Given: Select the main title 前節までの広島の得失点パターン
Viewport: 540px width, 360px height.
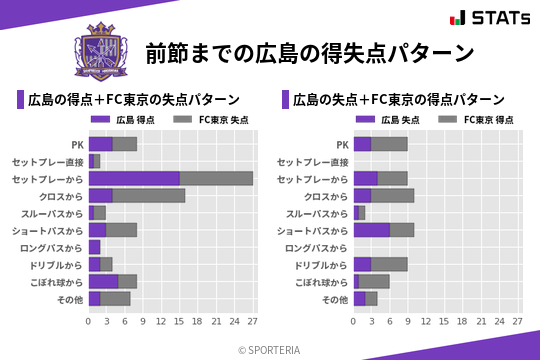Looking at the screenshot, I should (309, 52).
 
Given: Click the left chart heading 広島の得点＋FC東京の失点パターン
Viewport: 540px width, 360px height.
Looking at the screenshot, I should (133, 100).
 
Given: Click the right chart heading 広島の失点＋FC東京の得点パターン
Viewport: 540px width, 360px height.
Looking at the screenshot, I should (398, 100).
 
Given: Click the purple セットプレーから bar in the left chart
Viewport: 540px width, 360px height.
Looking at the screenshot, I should (134, 178).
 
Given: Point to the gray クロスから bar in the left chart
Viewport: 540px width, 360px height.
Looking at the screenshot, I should (149, 195).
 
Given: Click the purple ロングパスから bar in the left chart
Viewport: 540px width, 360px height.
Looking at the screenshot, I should (94, 246).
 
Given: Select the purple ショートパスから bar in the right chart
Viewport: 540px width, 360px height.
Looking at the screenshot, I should (372, 229).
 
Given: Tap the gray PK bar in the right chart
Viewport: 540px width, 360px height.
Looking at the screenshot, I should (389, 144).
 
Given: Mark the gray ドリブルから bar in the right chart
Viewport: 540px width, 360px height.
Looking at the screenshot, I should (389, 264).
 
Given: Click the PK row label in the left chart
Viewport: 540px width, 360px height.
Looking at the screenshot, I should (77, 144).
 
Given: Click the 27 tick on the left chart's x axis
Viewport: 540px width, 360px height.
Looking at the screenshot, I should (252, 322).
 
